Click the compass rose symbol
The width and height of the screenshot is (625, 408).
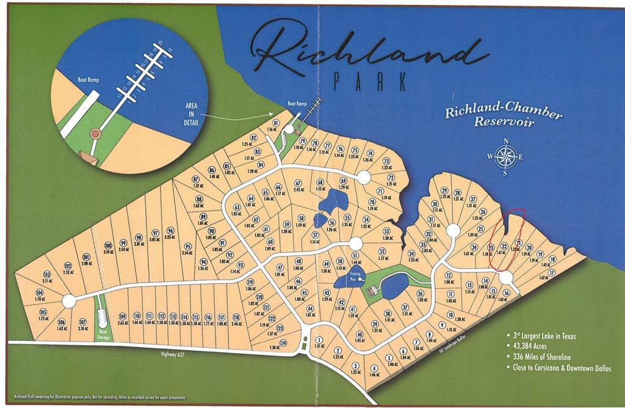click(505, 157)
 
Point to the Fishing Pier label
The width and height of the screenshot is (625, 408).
click(356, 276)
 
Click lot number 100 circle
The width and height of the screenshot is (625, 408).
click(108, 246)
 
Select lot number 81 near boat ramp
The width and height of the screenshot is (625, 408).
click(276, 123)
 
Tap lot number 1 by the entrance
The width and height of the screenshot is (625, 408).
click(319, 340)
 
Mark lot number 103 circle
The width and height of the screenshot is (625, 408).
click(47, 274)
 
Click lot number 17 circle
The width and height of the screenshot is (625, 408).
click(552, 272)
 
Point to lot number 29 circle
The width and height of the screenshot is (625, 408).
click(444, 191)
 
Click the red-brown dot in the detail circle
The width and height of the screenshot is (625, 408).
click(95, 133)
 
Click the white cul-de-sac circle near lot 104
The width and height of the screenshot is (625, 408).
click(69, 301)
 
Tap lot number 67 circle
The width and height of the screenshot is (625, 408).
click(298, 183)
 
